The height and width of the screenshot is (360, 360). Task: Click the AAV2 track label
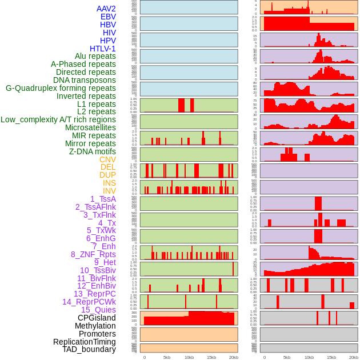click(x=106, y=9)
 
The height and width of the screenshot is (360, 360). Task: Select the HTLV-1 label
click(x=103, y=49)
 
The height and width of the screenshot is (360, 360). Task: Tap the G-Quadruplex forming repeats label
click(x=61, y=88)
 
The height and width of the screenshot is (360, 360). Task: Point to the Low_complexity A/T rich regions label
click(x=58, y=119)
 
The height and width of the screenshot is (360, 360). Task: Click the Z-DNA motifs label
click(x=93, y=151)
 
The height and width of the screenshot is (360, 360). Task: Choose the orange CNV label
click(x=107, y=159)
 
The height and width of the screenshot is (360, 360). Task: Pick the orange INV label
click(x=109, y=191)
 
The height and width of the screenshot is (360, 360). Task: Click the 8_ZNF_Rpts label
click(x=93, y=254)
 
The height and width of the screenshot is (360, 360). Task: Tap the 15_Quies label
click(x=98, y=310)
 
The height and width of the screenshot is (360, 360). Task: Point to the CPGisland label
click(x=97, y=318)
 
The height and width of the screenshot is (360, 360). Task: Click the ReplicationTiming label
click(x=84, y=342)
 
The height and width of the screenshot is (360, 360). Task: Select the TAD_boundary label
click(x=89, y=349)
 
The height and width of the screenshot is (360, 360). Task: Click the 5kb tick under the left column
click(x=167, y=357)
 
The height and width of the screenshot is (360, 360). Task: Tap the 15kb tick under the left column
click(x=211, y=357)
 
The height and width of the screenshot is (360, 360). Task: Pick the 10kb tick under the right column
click(x=309, y=357)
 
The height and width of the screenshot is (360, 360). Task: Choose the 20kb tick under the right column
click(x=354, y=357)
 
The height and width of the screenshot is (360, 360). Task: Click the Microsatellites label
click(x=90, y=127)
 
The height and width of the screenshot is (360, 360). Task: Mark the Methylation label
click(x=91, y=326)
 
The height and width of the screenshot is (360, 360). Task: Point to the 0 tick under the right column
click(x=264, y=357)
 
